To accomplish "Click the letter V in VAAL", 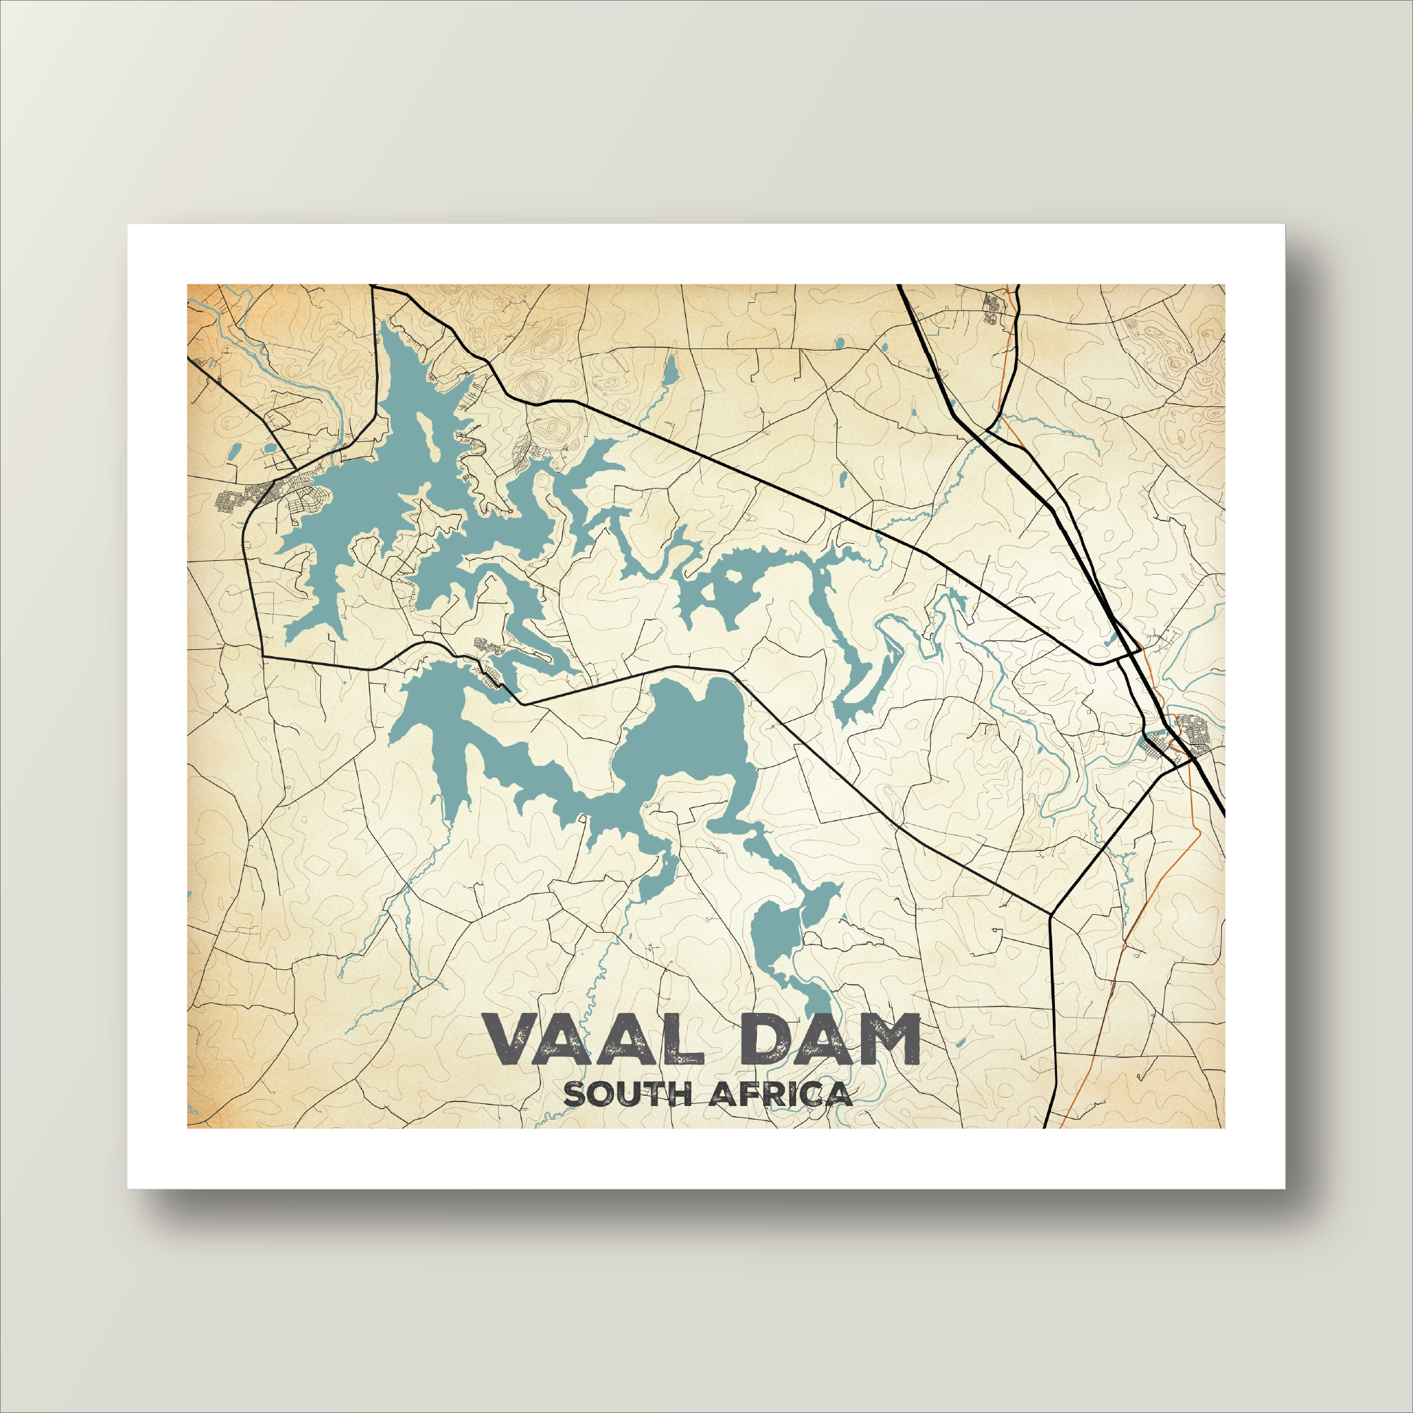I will [x=512, y=1040].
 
